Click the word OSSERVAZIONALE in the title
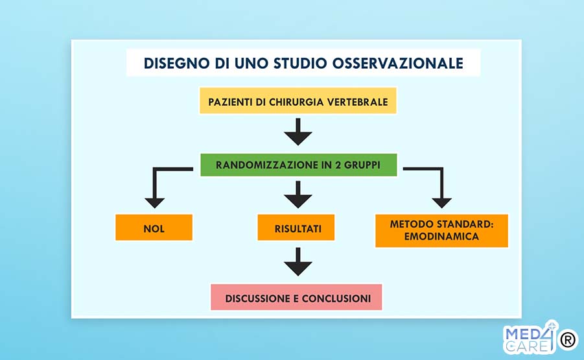pyautogui.click(x=397, y=64)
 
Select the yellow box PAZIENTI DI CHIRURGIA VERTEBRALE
pyautogui.click(x=298, y=101)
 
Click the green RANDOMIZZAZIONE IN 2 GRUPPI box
pyautogui.click(x=298, y=165)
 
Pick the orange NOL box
pyautogui.click(x=154, y=227)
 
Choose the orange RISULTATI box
pyautogui.click(x=296, y=227)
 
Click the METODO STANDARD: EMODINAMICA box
pyautogui.click(x=441, y=231)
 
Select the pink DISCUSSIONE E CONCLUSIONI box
pyautogui.click(x=296, y=297)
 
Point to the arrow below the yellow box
pyautogui.click(x=298, y=132)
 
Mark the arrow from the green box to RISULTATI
pyautogui.click(x=298, y=195)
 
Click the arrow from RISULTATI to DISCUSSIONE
pyautogui.click(x=298, y=261)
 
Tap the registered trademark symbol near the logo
pyautogui.click(x=568, y=339)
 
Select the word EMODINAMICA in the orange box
pyautogui.click(x=441, y=237)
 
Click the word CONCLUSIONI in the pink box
pyautogui.click(x=336, y=298)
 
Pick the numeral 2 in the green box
pyautogui.click(x=338, y=165)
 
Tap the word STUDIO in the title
pyautogui.click(x=300, y=64)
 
